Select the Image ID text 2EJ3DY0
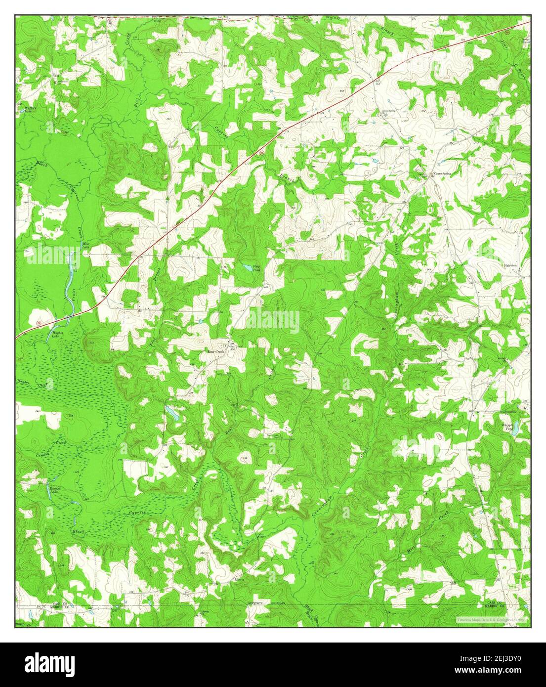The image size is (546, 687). [x=490, y=658]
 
